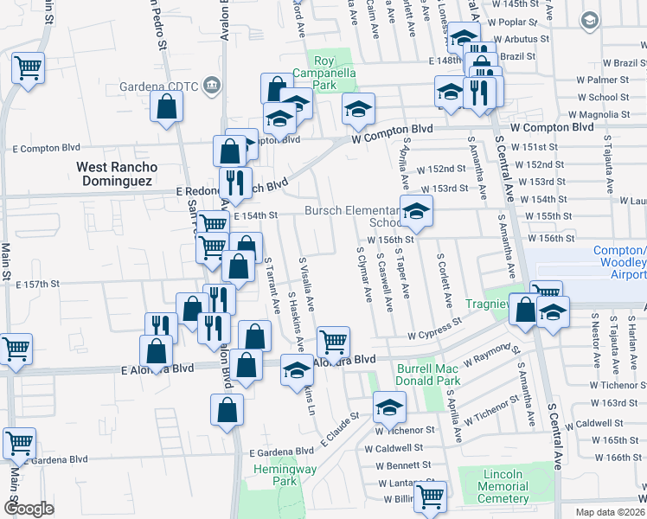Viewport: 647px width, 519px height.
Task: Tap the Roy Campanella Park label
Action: (324, 74)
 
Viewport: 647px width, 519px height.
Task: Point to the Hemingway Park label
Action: (275, 475)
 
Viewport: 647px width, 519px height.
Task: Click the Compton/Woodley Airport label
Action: (618, 262)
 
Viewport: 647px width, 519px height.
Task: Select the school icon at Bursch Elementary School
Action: (416, 212)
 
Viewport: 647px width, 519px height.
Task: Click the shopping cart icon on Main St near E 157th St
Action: (15, 349)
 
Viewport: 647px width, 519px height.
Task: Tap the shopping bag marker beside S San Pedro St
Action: (166, 106)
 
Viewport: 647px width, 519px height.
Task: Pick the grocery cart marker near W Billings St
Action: (430, 497)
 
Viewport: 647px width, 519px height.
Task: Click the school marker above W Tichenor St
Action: (389, 405)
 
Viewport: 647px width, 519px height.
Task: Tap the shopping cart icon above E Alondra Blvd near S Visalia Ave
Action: (332, 341)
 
